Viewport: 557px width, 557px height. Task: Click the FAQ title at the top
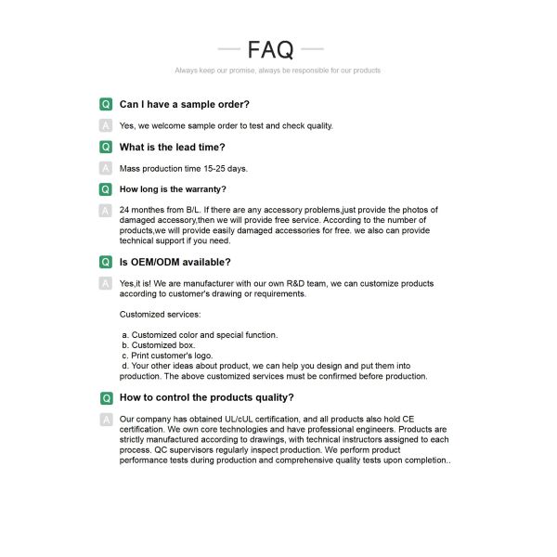pyautogui.click(x=271, y=49)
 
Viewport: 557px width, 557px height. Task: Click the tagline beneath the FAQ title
pyautogui.click(x=278, y=71)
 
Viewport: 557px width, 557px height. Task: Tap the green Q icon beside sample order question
pyautogui.click(x=106, y=104)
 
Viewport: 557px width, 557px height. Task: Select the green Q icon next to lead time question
pyautogui.click(x=106, y=147)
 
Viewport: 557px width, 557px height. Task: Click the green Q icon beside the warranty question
pyautogui.click(x=106, y=189)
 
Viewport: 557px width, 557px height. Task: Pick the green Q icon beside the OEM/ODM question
pyautogui.click(x=106, y=262)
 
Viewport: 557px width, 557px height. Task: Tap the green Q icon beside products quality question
pyautogui.click(x=106, y=397)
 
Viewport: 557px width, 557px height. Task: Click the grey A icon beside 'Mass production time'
pyautogui.click(x=106, y=168)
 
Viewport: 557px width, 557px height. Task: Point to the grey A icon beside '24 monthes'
pyautogui.click(x=106, y=211)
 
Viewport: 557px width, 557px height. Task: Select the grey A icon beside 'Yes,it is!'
pyautogui.click(x=106, y=283)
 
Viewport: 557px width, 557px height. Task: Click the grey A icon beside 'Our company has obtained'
pyautogui.click(x=106, y=420)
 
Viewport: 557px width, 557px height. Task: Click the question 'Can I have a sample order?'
pyautogui.click(x=185, y=104)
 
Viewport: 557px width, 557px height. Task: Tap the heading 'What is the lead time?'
pyautogui.click(x=173, y=147)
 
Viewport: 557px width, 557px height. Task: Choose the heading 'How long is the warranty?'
pyautogui.click(x=173, y=189)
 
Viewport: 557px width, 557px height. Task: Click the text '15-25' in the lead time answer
pyautogui.click(x=215, y=168)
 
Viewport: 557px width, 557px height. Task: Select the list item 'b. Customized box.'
pyautogui.click(x=159, y=345)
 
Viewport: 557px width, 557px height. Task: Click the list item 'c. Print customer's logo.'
pyautogui.click(x=167, y=356)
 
